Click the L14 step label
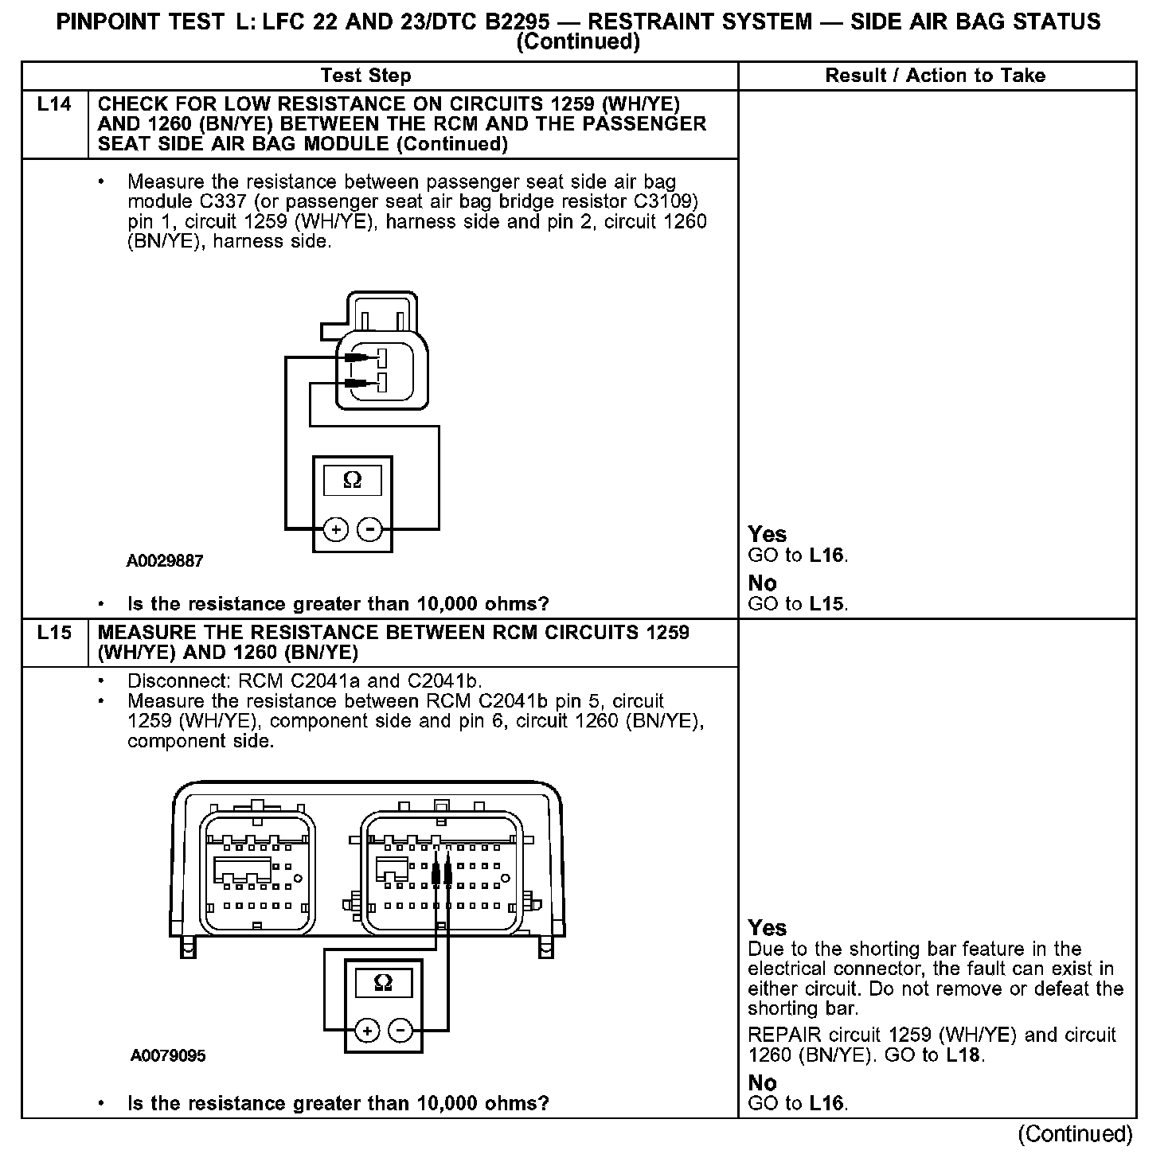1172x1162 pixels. (54, 104)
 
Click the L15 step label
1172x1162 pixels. (54, 633)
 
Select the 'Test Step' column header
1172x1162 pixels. (365, 76)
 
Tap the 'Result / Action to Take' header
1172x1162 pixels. (936, 76)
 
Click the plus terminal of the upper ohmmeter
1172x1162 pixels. (335, 529)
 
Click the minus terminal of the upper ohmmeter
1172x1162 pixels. (369, 529)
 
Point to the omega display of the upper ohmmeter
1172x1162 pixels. (352, 480)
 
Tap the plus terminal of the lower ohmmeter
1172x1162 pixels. (367, 1031)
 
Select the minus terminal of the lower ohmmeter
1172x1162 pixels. (400, 1031)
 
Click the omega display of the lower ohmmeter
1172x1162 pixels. (383, 983)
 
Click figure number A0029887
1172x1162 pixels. (165, 560)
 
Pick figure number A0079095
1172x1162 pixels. (168, 1055)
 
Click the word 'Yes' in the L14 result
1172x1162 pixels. (767, 534)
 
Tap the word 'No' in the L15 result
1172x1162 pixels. (762, 1082)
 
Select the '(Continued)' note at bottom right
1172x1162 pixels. (1075, 1133)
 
